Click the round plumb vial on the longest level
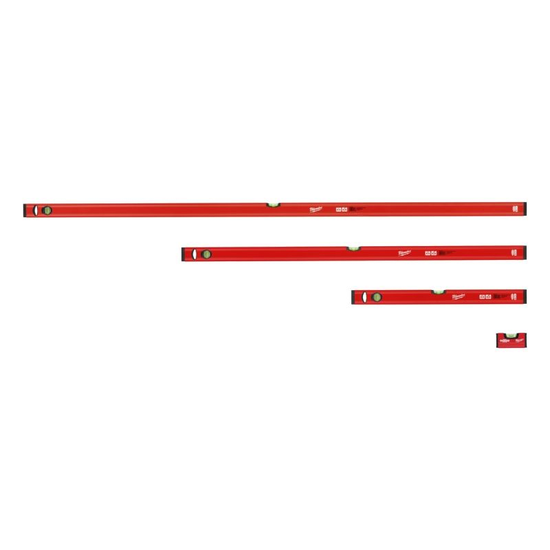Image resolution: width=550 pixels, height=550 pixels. pos(47,210)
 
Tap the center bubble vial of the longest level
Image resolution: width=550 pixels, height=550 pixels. pos(274,203)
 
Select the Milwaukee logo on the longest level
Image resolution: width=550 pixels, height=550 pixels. pos(318,210)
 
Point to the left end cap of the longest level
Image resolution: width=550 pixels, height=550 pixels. pos(25,210)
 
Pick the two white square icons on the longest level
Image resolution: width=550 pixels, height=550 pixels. pos(340,210)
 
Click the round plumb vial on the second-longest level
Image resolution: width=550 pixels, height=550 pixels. pos(206,254)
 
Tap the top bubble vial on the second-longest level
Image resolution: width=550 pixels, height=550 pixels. pos(353,247)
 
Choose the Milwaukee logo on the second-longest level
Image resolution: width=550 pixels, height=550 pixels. pos(406,253)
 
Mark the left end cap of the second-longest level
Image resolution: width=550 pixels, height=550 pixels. pos(182,254)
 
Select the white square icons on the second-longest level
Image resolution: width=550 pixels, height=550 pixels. pos(431,253)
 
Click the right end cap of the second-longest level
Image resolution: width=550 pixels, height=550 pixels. pos(525,253)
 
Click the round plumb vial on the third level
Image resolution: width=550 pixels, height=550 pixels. pos(376,297)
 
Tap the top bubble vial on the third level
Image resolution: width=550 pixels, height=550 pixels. pos(438,291)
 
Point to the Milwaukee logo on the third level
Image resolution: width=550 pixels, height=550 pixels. pos(459,296)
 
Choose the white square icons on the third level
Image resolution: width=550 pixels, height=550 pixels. pos(485,296)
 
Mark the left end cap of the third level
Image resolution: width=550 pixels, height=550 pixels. pos(355,297)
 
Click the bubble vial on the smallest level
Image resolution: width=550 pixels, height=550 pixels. pos(510,335)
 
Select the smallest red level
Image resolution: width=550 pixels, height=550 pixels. pos(511,340)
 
